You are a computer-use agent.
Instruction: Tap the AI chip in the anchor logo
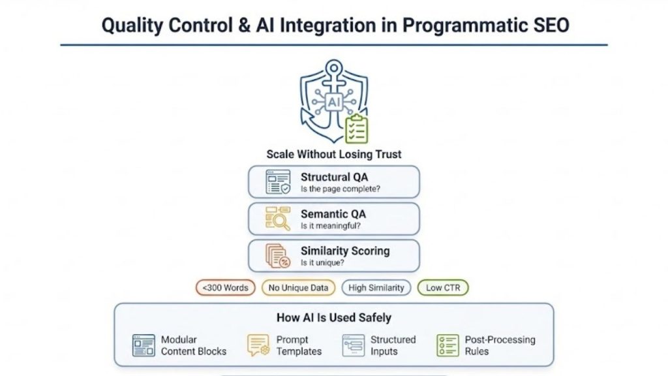pyautogui.click(x=333, y=102)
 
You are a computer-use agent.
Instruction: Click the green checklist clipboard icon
pyautogui.click(x=356, y=129)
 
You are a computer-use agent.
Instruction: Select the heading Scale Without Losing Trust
pyautogui.click(x=333, y=155)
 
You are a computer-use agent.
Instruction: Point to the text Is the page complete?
pyautogui.click(x=341, y=189)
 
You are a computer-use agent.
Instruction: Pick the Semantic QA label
pyautogui.click(x=333, y=213)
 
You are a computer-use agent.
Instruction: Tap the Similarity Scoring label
pyautogui.click(x=344, y=251)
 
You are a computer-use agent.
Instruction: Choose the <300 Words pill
pyautogui.click(x=225, y=288)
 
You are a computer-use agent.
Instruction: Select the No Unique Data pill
pyautogui.click(x=299, y=288)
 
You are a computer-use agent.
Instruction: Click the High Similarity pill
pyautogui.click(x=376, y=288)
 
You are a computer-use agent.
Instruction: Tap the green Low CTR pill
pyautogui.click(x=442, y=288)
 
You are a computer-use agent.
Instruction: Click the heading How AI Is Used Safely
pyautogui.click(x=333, y=318)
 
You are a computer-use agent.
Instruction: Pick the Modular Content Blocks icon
pyautogui.click(x=144, y=345)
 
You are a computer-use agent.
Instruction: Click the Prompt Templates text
pyautogui.click(x=299, y=345)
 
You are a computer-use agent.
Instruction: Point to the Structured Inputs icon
pyautogui.click(x=353, y=345)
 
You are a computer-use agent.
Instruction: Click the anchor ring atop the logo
pyautogui.click(x=334, y=67)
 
